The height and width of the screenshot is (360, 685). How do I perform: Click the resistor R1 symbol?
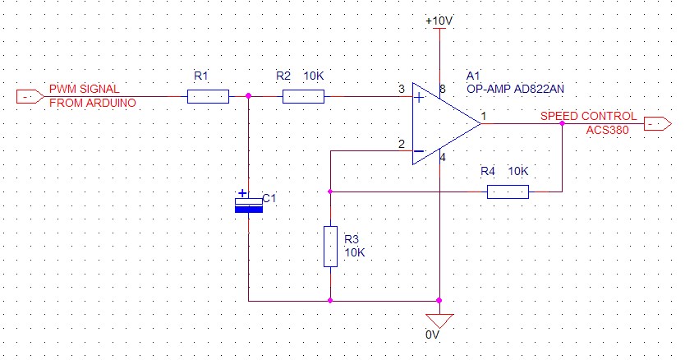[x=208, y=97]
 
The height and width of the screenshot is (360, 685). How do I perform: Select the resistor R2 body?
[x=303, y=97]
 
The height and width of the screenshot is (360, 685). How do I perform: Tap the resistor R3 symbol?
[x=330, y=246]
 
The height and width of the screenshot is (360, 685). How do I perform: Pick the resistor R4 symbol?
[x=508, y=192]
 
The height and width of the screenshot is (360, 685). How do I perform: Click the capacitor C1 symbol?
[x=248, y=204]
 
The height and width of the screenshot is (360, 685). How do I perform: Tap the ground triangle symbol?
[x=440, y=320]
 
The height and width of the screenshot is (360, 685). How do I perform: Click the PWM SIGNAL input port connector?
[x=30, y=97]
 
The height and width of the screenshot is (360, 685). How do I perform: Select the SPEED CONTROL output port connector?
[x=656, y=124]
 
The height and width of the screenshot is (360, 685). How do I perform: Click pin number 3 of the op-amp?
[x=400, y=89]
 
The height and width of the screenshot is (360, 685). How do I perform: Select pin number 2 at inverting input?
[x=400, y=144]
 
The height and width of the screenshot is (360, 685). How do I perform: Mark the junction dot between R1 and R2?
[x=248, y=97]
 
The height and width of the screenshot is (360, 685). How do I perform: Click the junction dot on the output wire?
[x=562, y=124]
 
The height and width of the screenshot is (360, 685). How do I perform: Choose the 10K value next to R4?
[x=517, y=171]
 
